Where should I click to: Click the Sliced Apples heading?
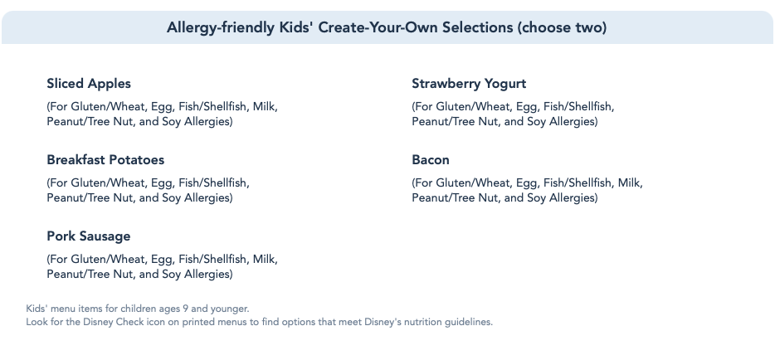(x=89, y=84)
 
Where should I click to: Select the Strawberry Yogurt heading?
(x=469, y=84)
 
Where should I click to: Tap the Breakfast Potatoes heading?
(x=105, y=160)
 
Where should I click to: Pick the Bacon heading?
(x=431, y=160)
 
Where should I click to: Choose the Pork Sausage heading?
(x=89, y=236)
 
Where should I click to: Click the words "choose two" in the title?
(x=562, y=27)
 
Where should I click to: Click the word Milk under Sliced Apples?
(x=265, y=107)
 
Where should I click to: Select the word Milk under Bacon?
(x=630, y=183)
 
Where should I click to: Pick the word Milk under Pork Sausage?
(x=265, y=260)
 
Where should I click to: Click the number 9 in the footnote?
(x=185, y=309)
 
